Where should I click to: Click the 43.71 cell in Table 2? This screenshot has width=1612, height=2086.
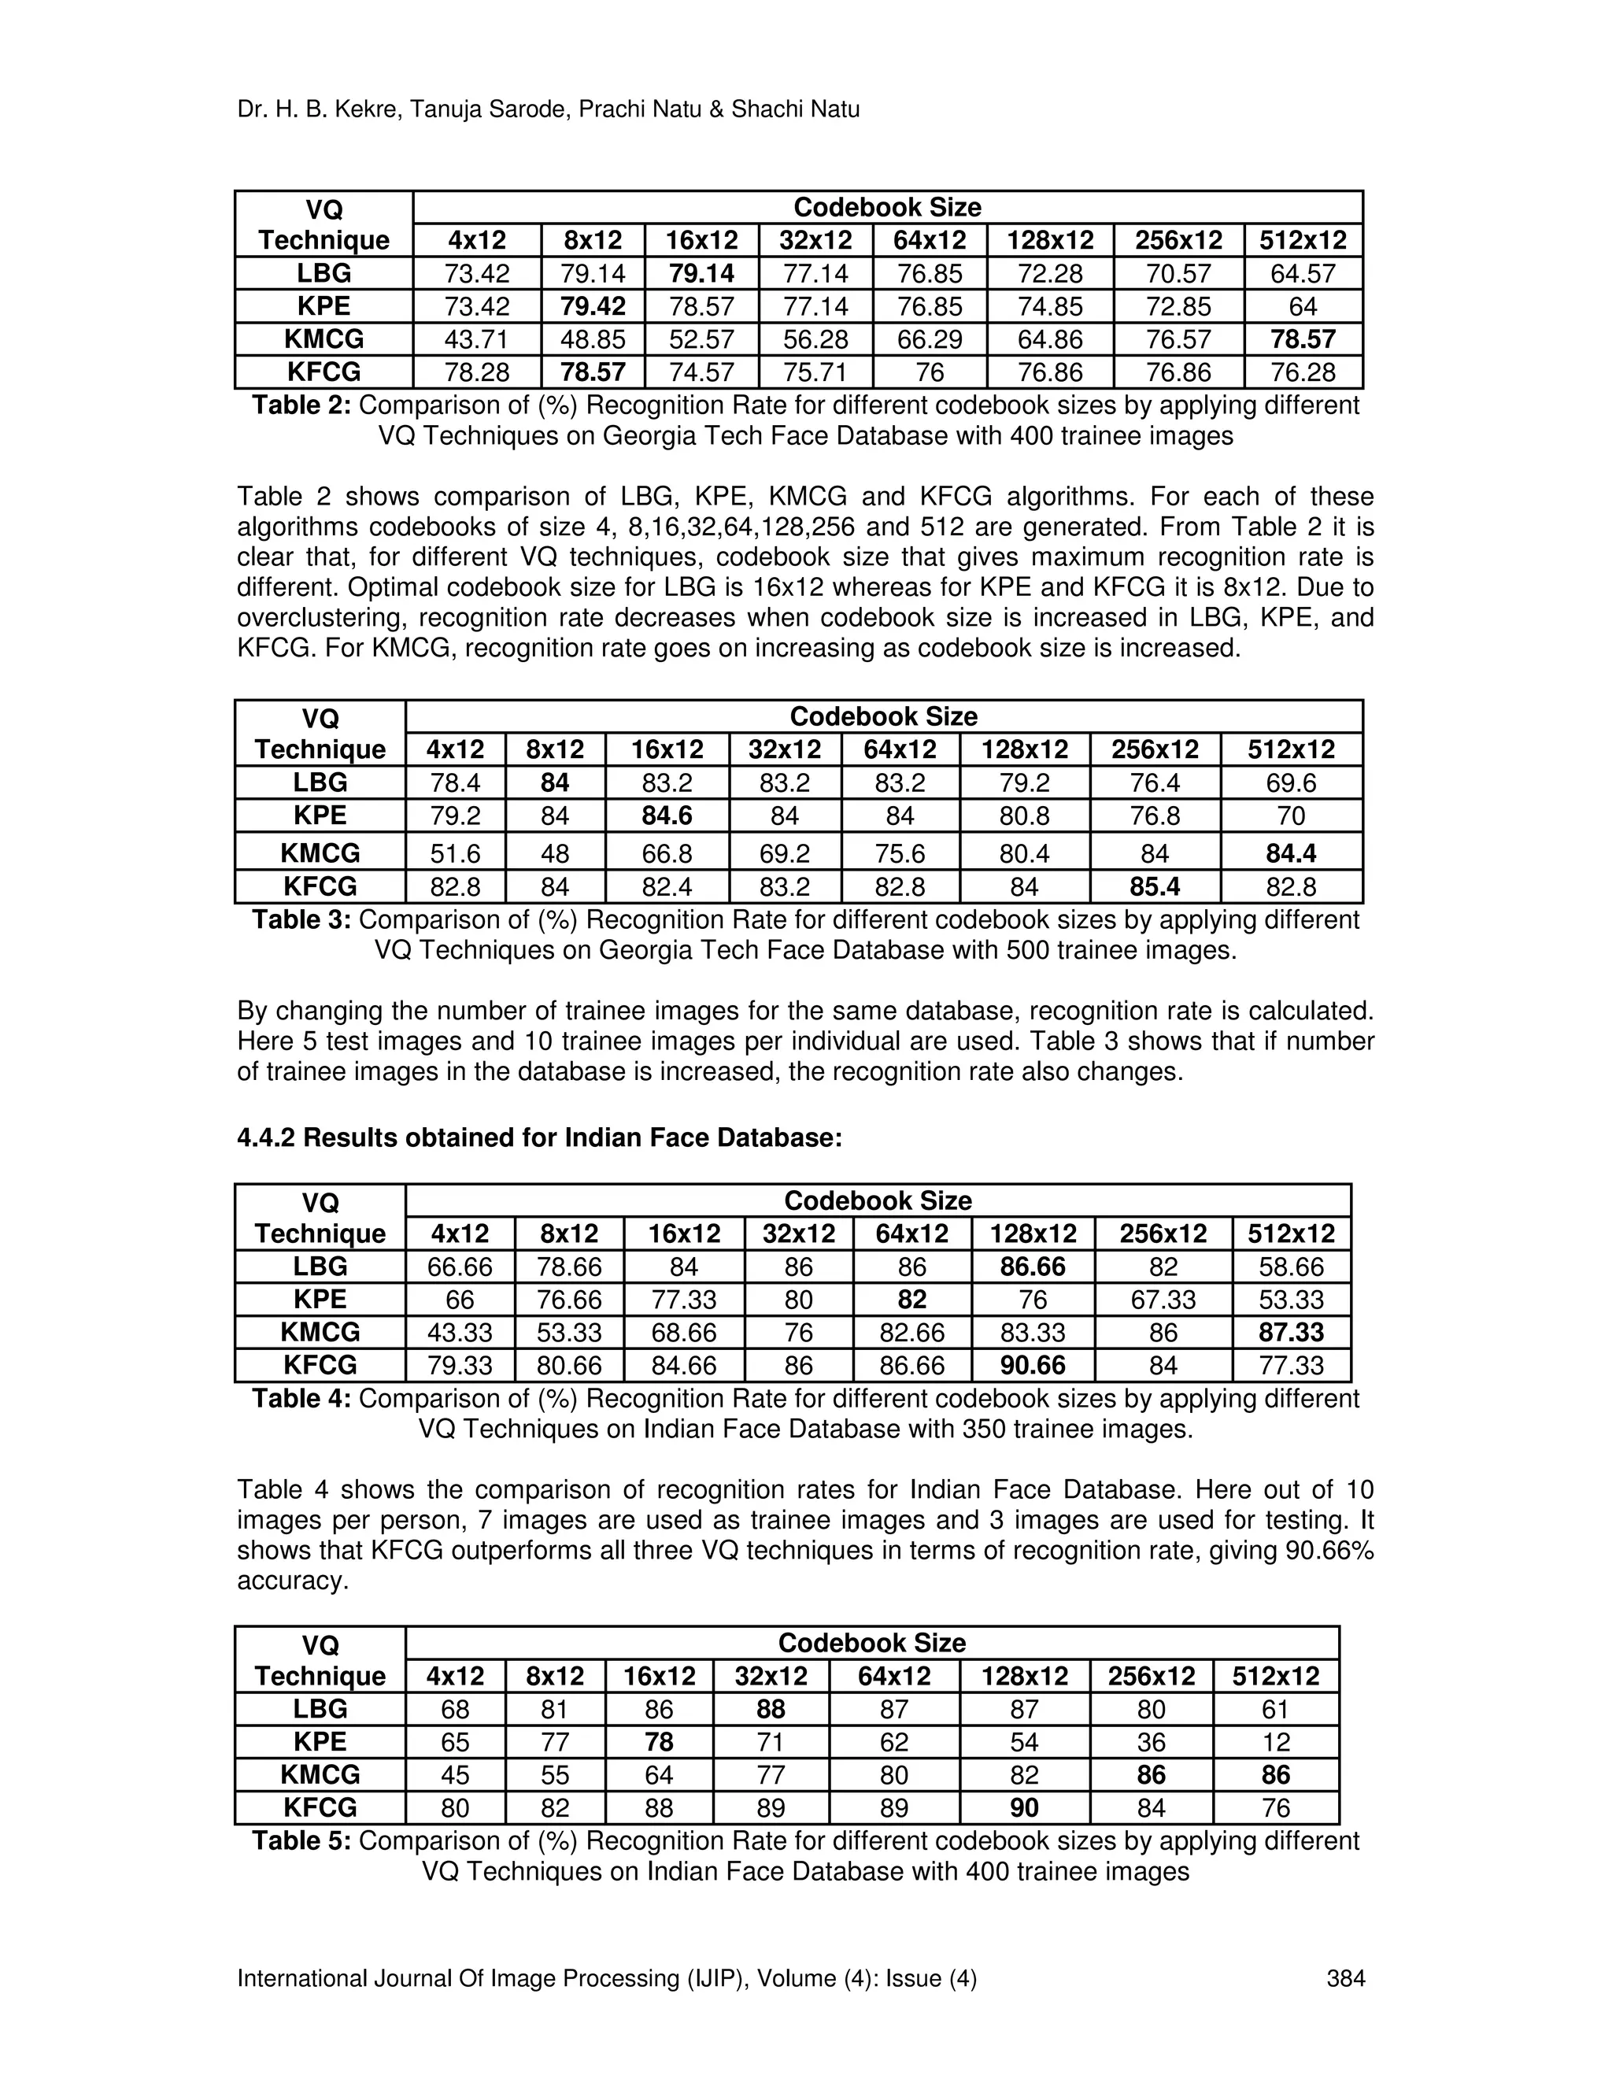(476, 340)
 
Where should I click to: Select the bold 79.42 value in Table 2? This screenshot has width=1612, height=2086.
(592, 306)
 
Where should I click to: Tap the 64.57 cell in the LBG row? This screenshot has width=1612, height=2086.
(1303, 274)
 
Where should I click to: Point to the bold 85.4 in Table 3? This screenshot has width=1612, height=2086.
(1155, 887)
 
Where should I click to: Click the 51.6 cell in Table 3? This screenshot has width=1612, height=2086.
(455, 853)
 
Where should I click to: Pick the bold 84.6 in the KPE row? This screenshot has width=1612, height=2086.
(666, 816)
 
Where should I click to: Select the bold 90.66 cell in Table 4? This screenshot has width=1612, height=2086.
(1033, 1366)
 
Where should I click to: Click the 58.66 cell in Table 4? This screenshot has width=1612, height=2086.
(1291, 1267)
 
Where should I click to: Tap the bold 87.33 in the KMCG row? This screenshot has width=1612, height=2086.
(1291, 1333)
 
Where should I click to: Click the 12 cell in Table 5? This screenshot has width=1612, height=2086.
(1276, 1742)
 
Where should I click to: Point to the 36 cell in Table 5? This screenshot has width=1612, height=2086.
(1151, 1742)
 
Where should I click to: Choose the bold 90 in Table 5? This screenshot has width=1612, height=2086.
(1024, 1808)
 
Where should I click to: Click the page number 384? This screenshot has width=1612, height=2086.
(1345, 1979)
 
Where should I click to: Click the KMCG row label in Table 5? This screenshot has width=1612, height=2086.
(320, 1774)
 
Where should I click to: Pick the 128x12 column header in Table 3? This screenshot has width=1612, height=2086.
(1024, 749)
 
